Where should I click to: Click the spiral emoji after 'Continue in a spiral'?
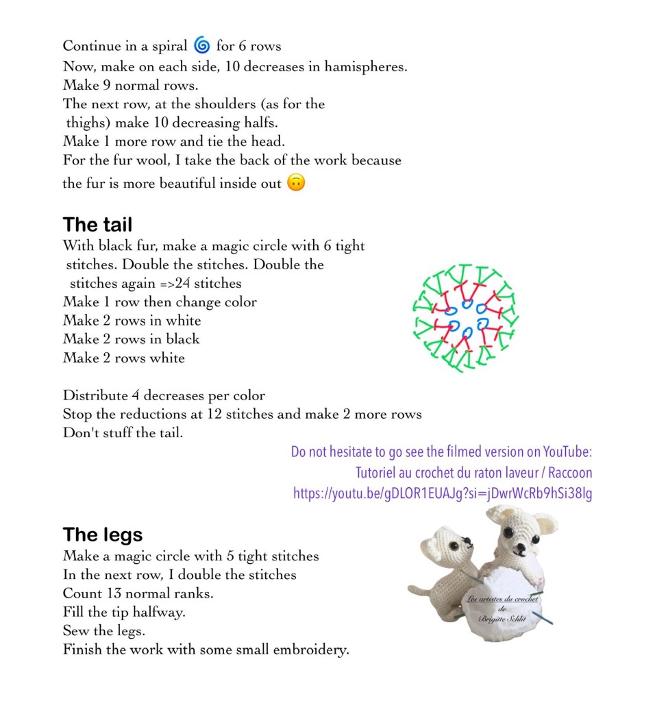tap(201, 46)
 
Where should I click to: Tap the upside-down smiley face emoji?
tap(295, 183)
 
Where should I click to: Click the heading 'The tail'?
tap(97, 225)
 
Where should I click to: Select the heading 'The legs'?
tap(103, 534)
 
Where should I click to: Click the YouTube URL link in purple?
tap(443, 493)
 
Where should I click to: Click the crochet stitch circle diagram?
tap(466, 317)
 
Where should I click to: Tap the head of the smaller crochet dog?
tap(444, 548)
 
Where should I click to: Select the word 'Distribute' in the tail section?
tap(95, 395)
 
